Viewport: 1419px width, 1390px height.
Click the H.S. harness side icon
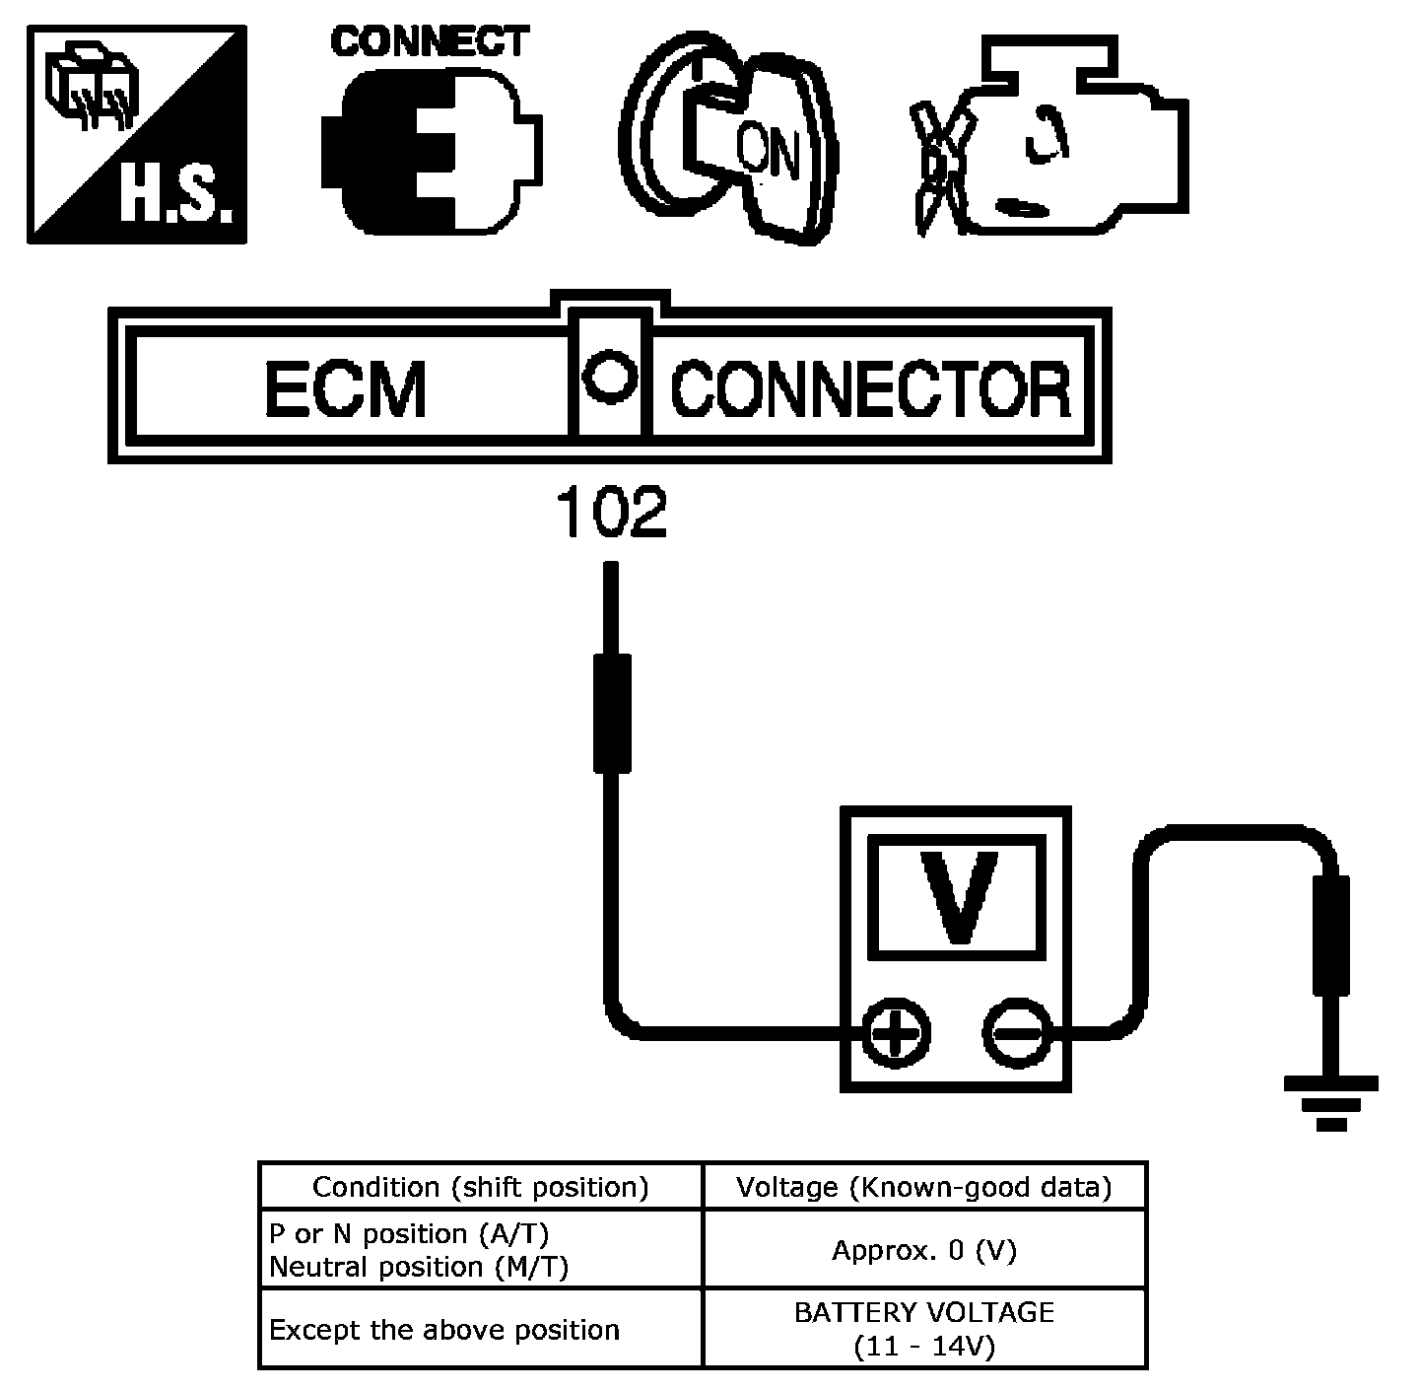tap(137, 134)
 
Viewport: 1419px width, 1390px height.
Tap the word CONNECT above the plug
tap(430, 41)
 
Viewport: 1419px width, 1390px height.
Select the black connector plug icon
tap(432, 152)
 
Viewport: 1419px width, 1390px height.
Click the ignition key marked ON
tap(729, 139)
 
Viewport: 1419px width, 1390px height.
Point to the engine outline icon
tap(1049, 136)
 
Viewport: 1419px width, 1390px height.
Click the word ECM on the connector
tap(345, 388)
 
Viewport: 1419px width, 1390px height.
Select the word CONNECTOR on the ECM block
tap(870, 389)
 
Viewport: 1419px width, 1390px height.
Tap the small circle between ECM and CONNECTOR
tap(609, 378)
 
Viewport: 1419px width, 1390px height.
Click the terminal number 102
tap(611, 512)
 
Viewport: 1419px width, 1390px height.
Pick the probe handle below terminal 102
tap(612, 714)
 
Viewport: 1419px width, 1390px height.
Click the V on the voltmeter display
tap(959, 897)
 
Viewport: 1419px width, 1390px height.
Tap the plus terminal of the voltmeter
tap(896, 1033)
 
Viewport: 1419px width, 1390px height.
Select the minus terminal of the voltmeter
tap(1018, 1033)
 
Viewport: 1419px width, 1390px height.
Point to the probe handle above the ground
tap(1331, 936)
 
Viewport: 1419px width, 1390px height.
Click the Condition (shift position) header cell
tap(481, 1187)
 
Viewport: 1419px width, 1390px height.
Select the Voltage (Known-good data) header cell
tap(925, 1187)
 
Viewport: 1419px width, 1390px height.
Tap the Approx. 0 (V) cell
tap(925, 1250)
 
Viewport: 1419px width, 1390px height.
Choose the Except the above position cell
tap(481, 1329)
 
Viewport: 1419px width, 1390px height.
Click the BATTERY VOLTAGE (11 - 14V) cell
tap(925, 1329)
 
